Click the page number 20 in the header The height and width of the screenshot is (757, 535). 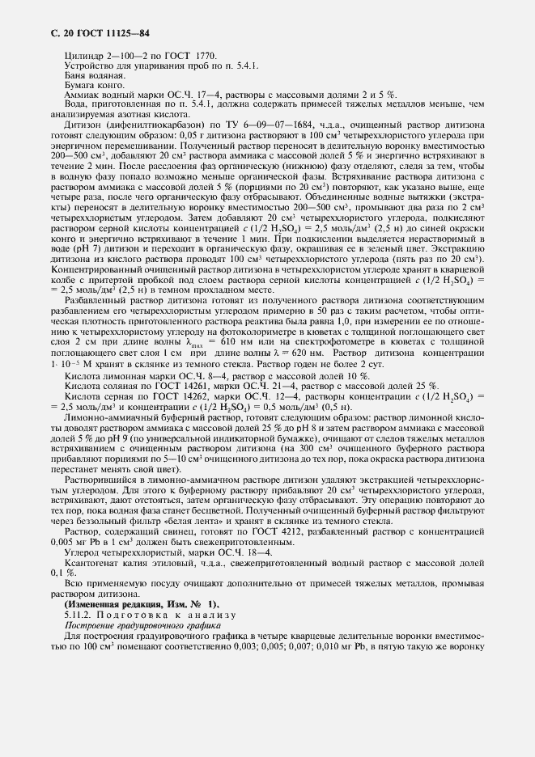coord(60,32)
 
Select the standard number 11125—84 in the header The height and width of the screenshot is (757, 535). coord(124,32)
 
